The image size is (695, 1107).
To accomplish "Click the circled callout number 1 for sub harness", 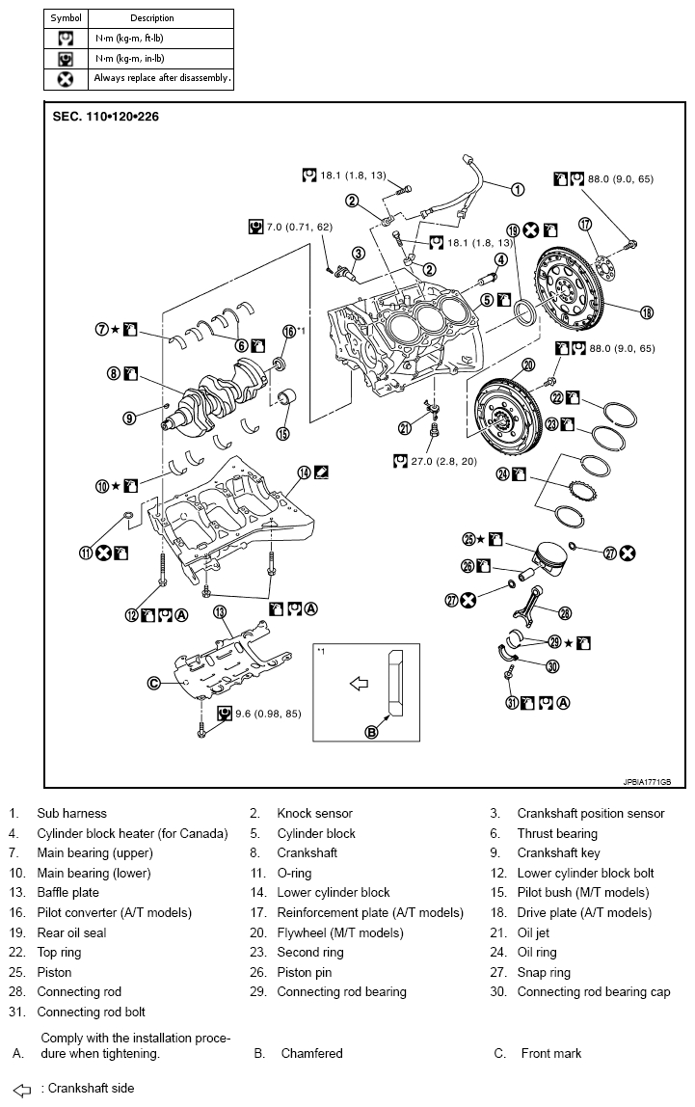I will point(518,190).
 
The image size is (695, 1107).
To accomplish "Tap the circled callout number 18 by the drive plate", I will point(647,310).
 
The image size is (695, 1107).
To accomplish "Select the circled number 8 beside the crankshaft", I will point(114,373).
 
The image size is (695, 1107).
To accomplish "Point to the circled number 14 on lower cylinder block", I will point(304,472).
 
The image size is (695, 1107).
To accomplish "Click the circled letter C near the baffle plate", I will point(153,683).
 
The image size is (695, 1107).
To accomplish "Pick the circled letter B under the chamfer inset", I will point(371,732).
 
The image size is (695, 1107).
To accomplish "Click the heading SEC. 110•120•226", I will point(106,116).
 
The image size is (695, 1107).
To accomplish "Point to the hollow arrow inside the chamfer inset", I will point(359,684).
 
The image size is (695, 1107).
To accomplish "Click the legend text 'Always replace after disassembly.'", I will point(162,78).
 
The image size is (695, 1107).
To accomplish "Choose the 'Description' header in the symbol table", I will point(152,17).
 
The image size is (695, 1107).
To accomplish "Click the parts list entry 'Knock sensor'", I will point(314,813).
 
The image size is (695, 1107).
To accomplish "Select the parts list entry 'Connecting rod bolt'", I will point(91,1012).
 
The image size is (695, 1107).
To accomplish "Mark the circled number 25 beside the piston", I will point(469,539).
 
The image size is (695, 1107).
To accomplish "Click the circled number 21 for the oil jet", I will point(405,428).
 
